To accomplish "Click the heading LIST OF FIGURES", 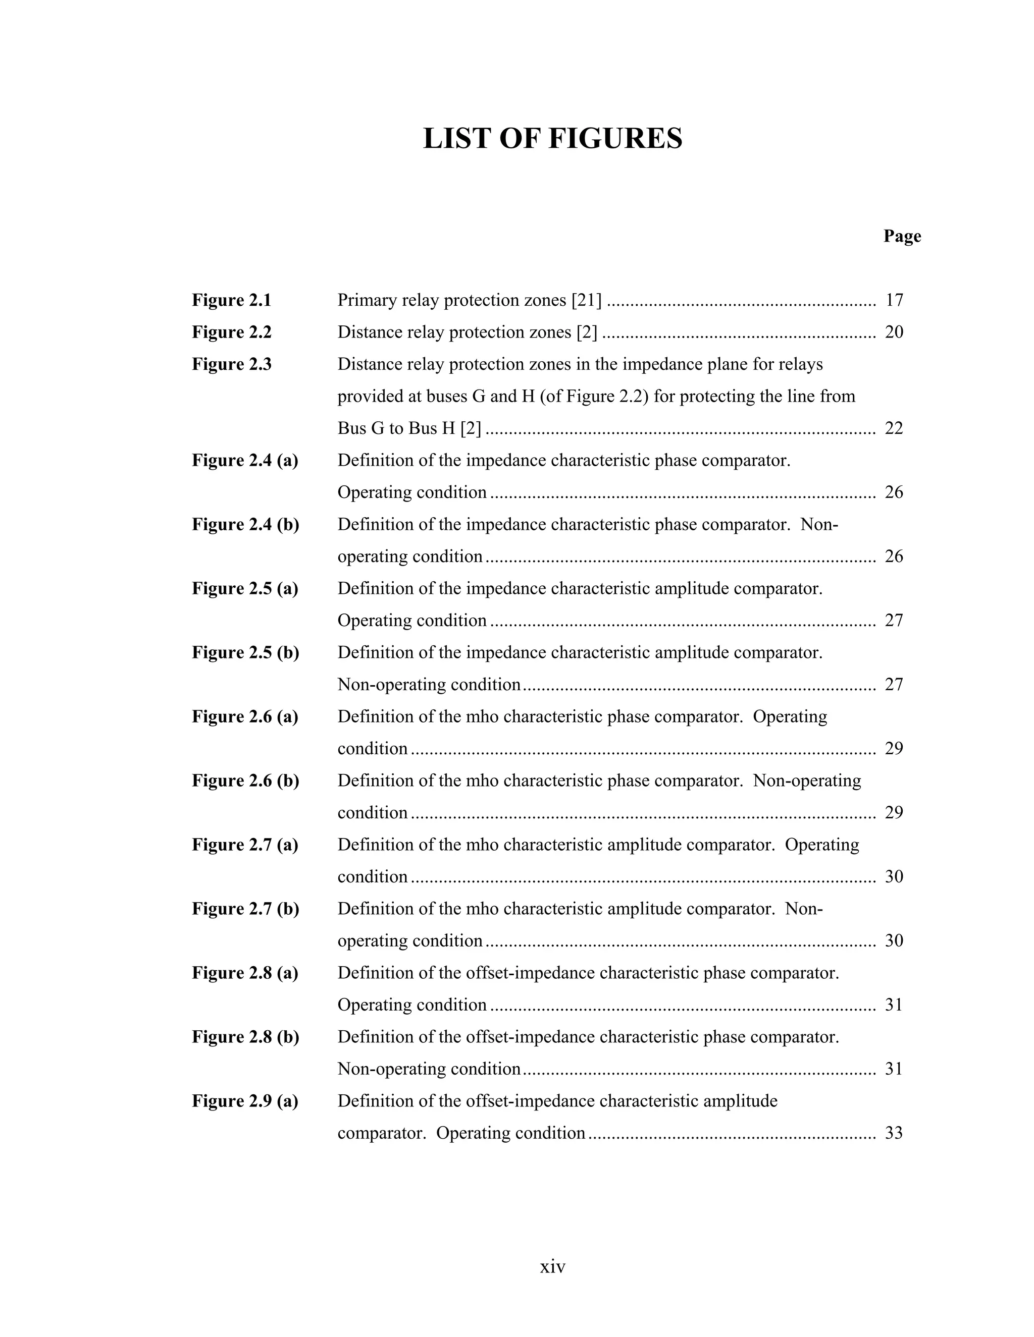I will [552, 138].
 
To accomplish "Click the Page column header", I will [902, 236].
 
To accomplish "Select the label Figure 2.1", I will [232, 301].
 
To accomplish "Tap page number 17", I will [894, 301].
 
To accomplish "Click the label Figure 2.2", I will [232, 332].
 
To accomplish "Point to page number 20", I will [894, 332].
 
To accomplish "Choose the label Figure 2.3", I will [232, 365].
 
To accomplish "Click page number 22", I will [894, 428].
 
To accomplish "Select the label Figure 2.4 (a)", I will [245, 460].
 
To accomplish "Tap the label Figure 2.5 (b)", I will [245, 652].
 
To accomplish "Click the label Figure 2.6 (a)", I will [245, 717].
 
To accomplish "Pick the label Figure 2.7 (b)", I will [245, 909].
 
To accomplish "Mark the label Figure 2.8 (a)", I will [245, 973].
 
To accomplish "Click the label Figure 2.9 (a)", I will [245, 1101].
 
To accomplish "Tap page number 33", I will [894, 1133].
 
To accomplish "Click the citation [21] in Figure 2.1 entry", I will [586, 301].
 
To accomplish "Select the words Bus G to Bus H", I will [396, 428].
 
